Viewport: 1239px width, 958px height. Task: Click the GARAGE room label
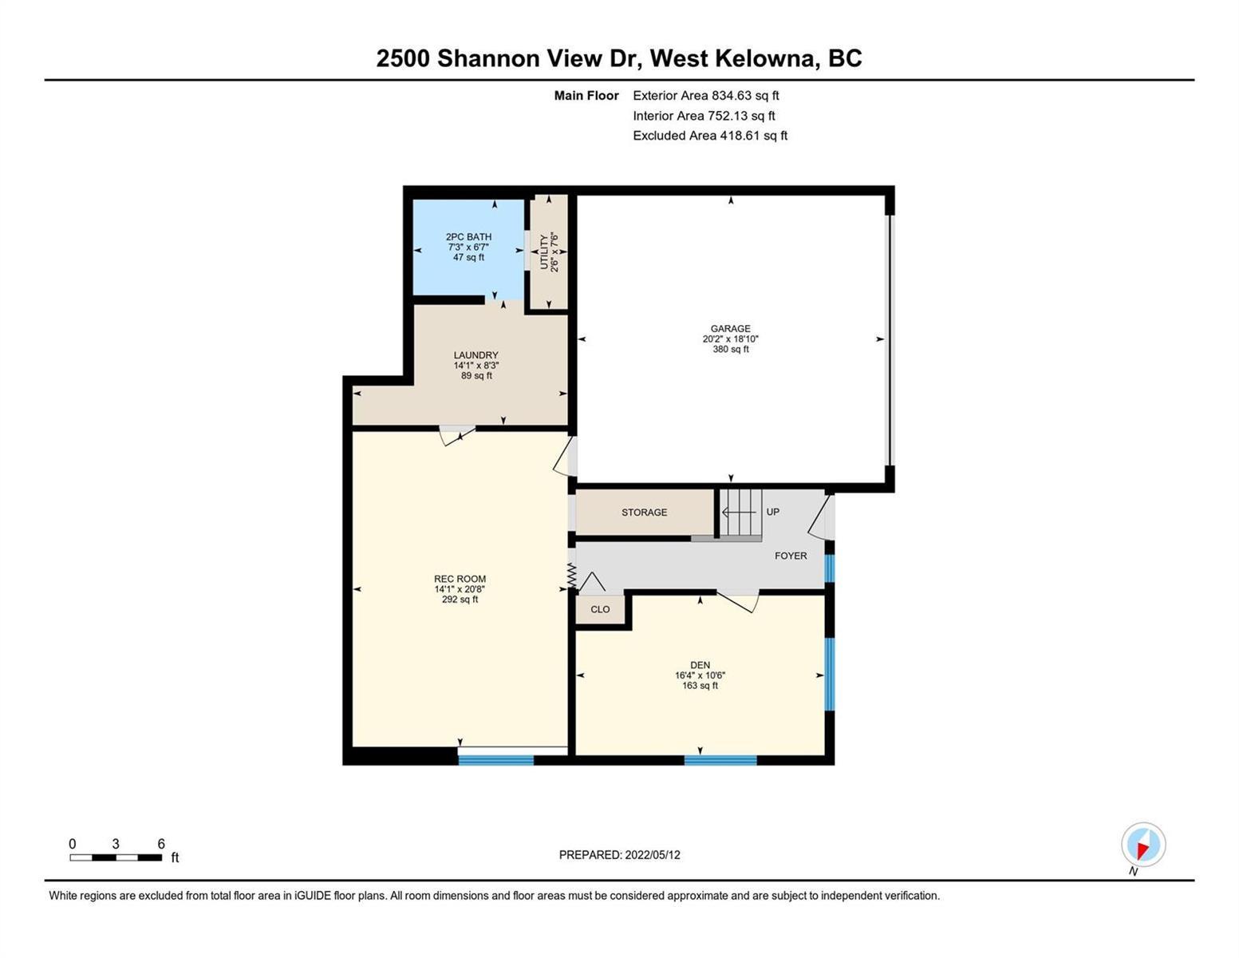pos(731,329)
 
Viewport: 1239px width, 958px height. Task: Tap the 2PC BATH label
pos(468,237)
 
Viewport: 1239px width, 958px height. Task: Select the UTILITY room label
pos(544,251)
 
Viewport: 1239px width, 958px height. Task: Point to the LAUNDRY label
pos(476,355)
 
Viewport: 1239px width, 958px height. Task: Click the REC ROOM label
pos(460,579)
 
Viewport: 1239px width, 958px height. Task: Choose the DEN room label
pos(700,665)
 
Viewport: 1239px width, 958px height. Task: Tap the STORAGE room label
pos(645,513)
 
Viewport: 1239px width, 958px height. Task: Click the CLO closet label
pos(601,609)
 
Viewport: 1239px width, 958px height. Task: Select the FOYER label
pos(791,556)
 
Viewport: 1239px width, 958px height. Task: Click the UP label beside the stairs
pos(772,512)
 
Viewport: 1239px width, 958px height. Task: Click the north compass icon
pos(1143,845)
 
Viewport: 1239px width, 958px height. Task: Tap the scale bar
pos(116,857)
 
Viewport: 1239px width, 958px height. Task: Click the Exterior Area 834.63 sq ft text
pos(706,96)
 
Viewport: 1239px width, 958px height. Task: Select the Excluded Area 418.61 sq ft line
pos(710,136)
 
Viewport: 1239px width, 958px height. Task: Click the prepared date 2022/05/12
pos(653,855)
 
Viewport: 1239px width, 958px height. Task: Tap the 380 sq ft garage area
pos(731,349)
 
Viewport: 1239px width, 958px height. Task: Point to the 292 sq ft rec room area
pos(460,599)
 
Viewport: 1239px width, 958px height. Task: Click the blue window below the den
pos(720,760)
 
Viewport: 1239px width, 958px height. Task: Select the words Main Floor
pos(586,96)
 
